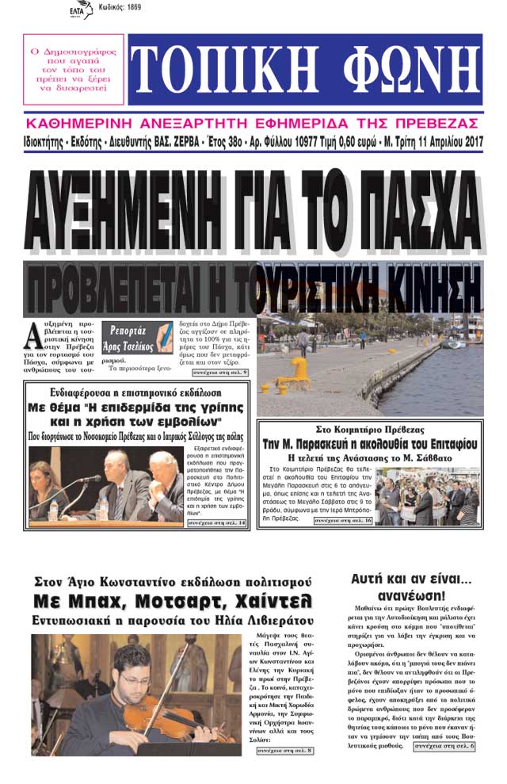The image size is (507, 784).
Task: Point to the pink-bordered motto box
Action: (73, 70)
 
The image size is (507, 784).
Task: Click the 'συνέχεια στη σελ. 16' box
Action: (343, 521)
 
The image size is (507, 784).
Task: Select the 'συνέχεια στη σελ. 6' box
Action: (443, 746)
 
